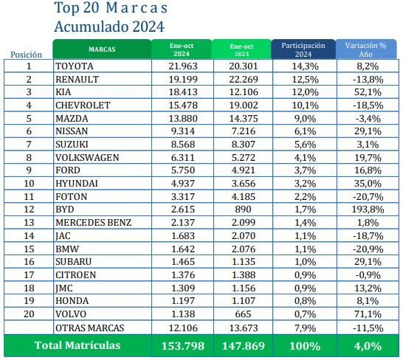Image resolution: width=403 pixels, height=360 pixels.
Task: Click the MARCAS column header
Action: [101, 49]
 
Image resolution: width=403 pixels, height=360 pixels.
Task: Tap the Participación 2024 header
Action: [303, 49]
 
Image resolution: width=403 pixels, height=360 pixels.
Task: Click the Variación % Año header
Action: [365, 49]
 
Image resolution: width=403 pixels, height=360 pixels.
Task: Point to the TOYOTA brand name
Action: [75, 66]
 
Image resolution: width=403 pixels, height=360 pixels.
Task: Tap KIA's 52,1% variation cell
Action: [366, 91]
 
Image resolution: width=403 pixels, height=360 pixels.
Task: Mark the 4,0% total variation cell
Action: [366, 345]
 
